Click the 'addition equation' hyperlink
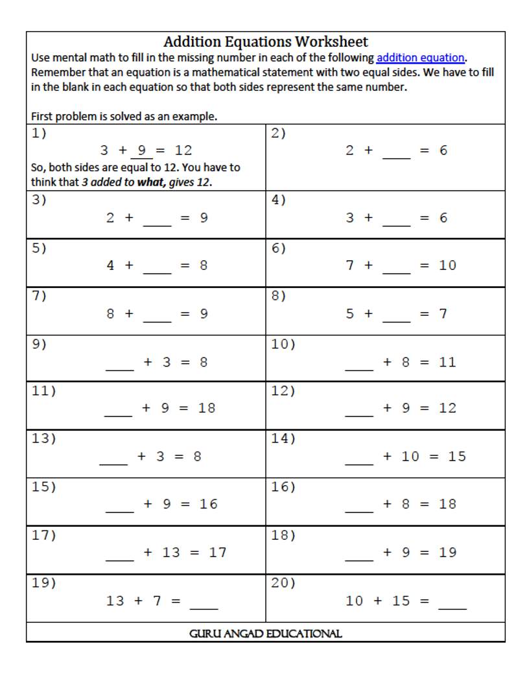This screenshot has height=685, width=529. [x=420, y=58]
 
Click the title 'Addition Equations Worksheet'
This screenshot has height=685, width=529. [x=265, y=42]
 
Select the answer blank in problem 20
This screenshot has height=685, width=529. [x=453, y=605]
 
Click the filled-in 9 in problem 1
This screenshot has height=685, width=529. [x=142, y=150]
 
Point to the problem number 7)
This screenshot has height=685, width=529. [x=40, y=296]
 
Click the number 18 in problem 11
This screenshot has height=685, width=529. [x=207, y=408]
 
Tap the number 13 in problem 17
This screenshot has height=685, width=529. [x=171, y=553]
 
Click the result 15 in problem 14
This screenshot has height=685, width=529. [x=457, y=457]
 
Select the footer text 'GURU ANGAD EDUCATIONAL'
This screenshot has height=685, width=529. [x=265, y=634]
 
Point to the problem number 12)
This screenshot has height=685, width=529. [x=283, y=391]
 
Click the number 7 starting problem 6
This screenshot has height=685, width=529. [x=350, y=265]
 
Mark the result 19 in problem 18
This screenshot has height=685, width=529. [x=447, y=553]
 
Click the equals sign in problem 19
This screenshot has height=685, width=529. [x=176, y=601]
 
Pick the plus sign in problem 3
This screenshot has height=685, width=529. [x=128, y=218]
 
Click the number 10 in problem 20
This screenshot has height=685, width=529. [x=355, y=601]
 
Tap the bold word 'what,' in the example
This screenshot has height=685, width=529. [x=150, y=182]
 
